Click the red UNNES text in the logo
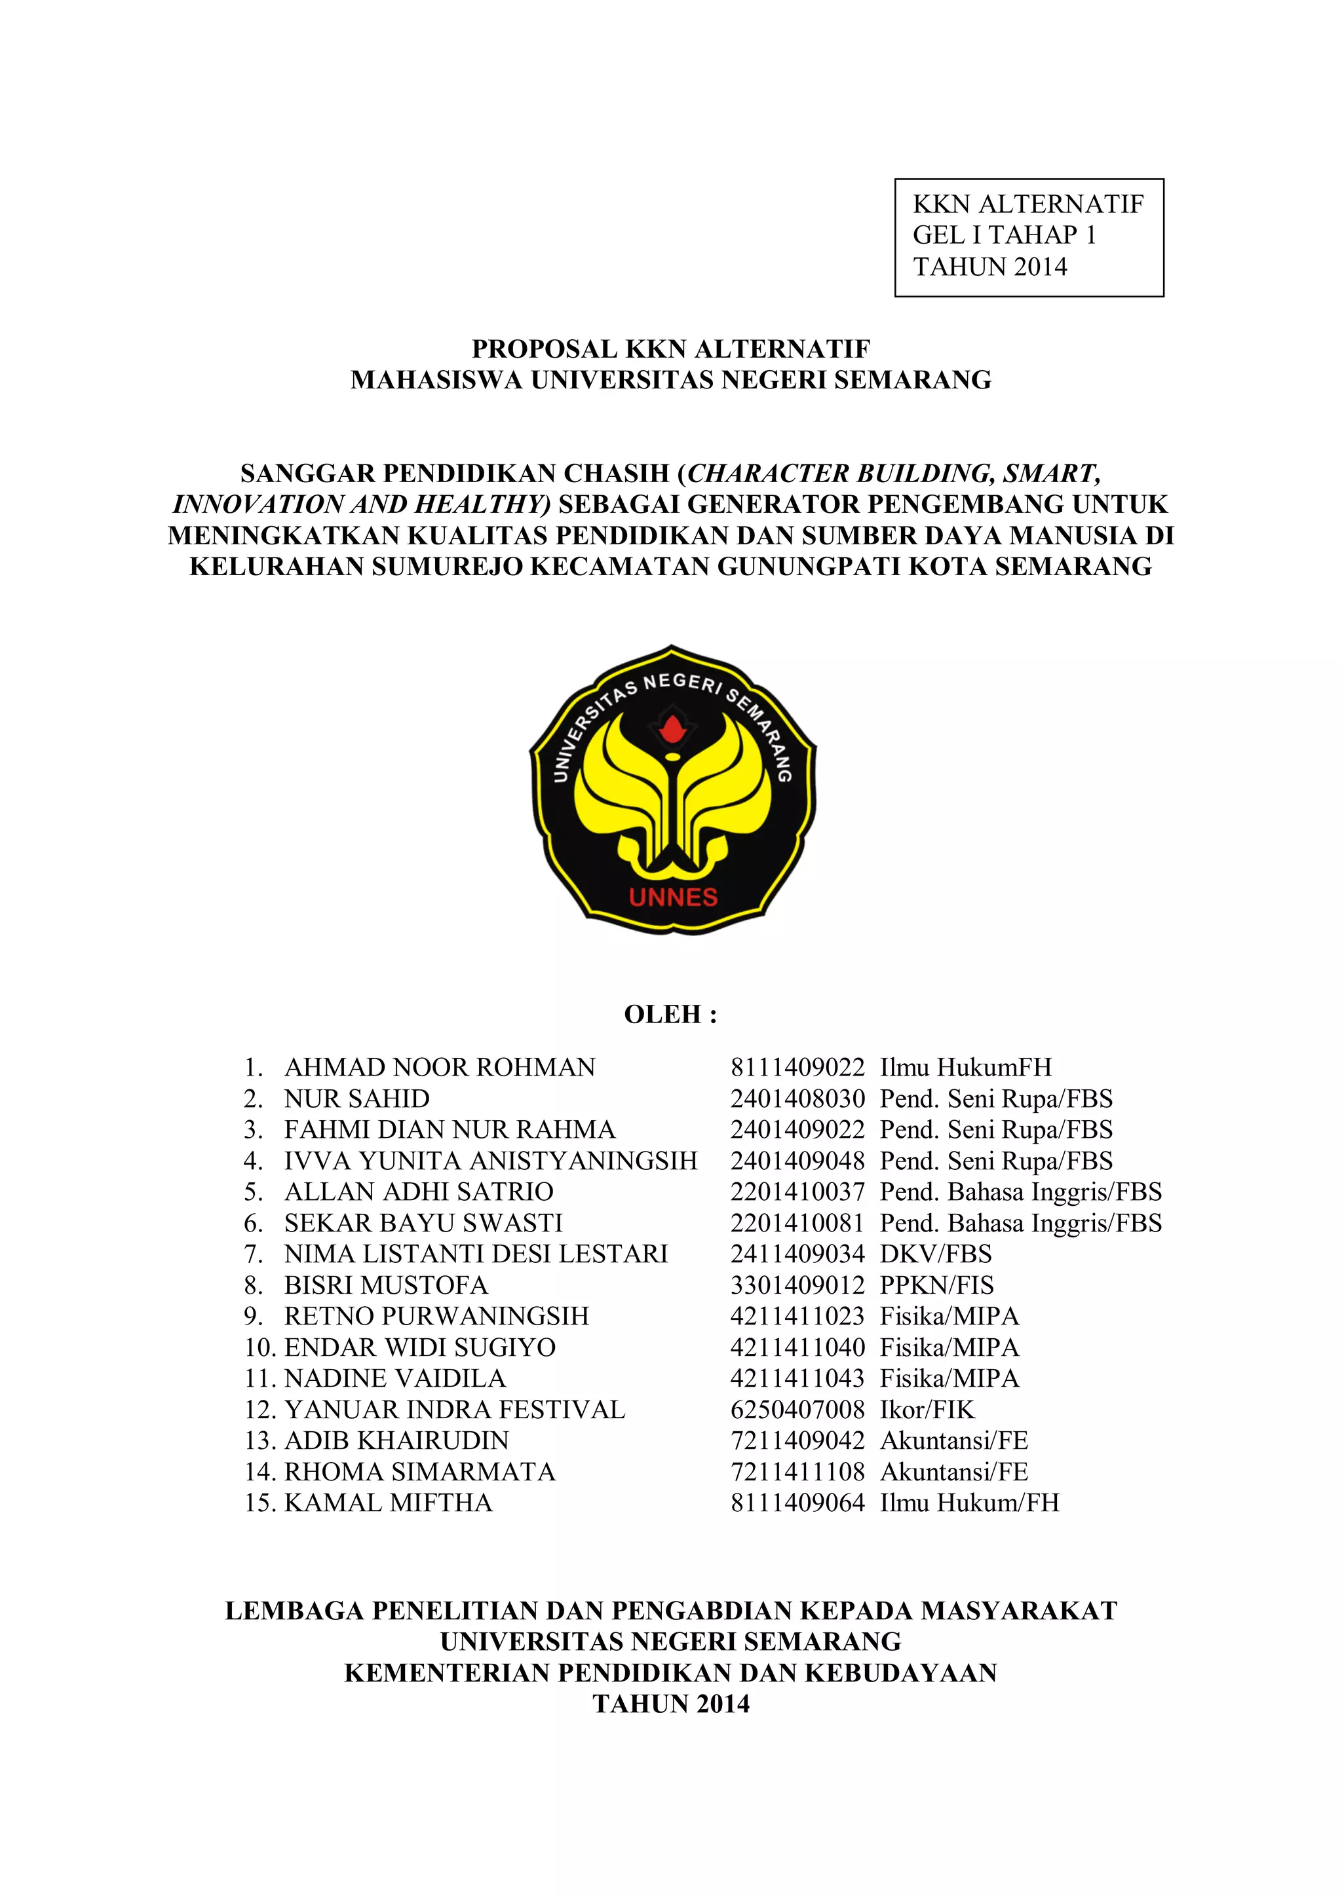(673, 897)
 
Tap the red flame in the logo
(673, 728)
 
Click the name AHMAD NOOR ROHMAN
(440, 1068)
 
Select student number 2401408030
(797, 1099)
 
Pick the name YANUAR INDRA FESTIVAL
(455, 1410)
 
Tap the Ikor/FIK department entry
(927, 1410)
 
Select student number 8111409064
(797, 1503)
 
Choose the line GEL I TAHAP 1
(1004, 235)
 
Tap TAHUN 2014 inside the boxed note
(990, 267)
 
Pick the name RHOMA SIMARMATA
(420, 1471)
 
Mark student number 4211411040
(797, 1347)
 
